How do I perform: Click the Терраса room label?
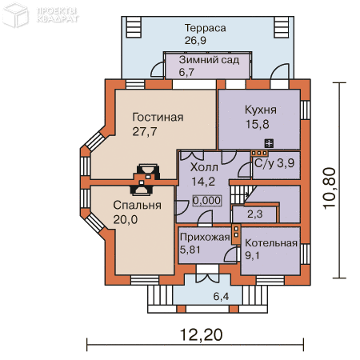(x=205, y=29)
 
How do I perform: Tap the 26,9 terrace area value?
(x=195, y=41)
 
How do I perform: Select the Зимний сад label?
(x=209, y=60)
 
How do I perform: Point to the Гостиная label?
(x=158, y=118)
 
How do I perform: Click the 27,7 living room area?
(x=145, y=132)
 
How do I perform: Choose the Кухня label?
(x=261, y=110)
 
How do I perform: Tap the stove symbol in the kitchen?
(x=269, y=143)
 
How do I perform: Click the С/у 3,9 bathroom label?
(x=274, y=163)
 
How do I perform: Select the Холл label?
(x=204, y=167)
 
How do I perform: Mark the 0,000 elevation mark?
(x=207, y=201)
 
